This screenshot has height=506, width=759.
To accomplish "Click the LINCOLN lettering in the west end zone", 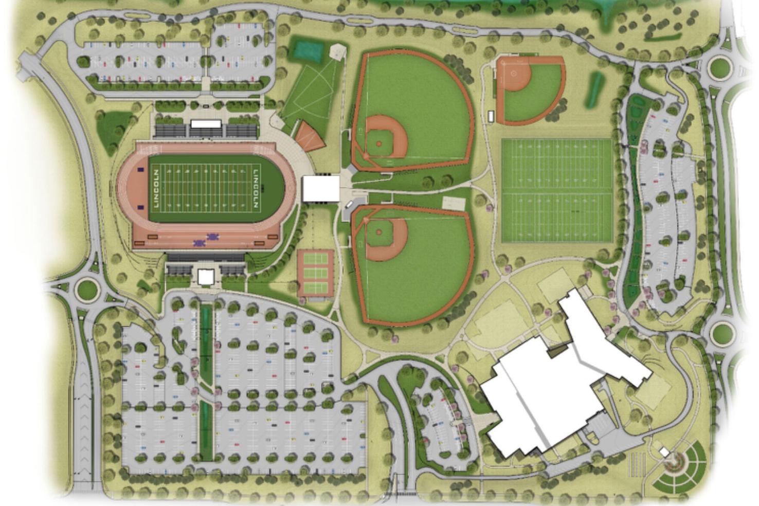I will coord(156,189).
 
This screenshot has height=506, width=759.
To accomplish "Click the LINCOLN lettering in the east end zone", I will coord(256,189).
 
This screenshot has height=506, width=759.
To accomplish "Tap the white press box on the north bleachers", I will coord(206,124).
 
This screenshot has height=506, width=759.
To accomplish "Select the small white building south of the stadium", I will coord(206,277).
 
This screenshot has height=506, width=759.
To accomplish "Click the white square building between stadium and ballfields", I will coord(321,188).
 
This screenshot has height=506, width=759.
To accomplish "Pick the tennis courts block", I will coord(315,274).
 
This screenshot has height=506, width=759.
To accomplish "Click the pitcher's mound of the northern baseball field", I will coord(379,144).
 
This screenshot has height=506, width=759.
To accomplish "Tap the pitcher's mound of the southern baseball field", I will coord(379,232).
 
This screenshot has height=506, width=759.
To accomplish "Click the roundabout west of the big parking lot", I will coord(87,290).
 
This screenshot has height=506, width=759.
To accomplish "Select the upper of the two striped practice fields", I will coord(556,166).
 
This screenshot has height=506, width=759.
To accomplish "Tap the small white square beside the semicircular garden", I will coord(664,453).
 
